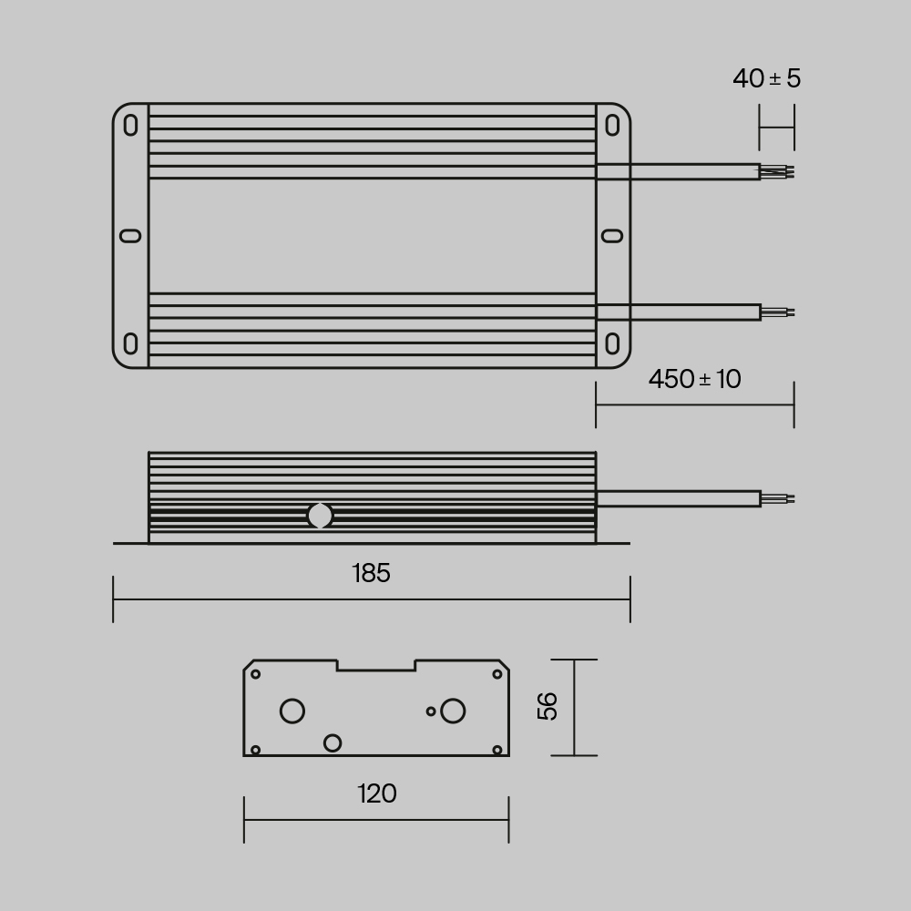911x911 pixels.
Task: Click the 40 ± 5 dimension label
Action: tap(766, 78)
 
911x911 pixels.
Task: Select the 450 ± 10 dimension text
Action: tap(694, 379)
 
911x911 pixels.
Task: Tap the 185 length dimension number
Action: tap(371, 573)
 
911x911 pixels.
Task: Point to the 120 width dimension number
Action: tap(376, 793)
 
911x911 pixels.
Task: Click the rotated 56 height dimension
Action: tap(548, 706)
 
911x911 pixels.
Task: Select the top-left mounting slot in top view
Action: tap(131, 125)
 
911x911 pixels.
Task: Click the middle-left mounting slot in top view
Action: tap(131, 236)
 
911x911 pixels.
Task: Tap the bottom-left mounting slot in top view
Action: tap(131, 344)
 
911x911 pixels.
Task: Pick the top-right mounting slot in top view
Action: tap(613, 125)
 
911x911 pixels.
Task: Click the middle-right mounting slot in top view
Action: tap(613, 236)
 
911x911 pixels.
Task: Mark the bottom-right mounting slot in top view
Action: tap(613, 344)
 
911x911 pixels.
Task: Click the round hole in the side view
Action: tap(320, 516)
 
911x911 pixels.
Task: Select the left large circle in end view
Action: tap(292, 711)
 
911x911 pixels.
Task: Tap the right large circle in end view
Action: tap(453, 711)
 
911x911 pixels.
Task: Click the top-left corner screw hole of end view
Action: tap(256, 674)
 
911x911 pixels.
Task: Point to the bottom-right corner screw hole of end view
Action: tap(497, 749)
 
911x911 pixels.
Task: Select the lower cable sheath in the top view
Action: tap(678, 312)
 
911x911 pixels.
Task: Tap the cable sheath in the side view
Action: tap(678, 498)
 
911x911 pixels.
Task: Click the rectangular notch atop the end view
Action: tap(376, 664)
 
